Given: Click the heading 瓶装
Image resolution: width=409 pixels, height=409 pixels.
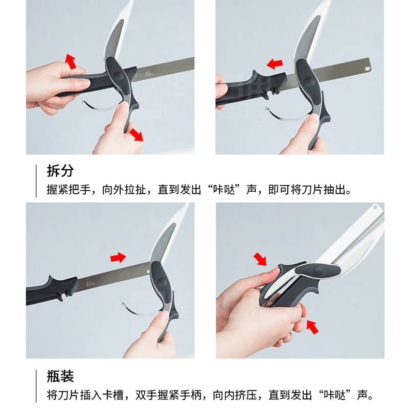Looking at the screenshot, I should [60, 377].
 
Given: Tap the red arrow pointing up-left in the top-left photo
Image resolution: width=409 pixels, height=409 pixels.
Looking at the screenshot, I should [71, 62].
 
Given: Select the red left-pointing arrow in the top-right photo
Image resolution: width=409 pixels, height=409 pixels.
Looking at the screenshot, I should [275, 64].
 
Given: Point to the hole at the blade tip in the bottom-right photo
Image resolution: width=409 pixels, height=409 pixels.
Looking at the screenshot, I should [376, 208].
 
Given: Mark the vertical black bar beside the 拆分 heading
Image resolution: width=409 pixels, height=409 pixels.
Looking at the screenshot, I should [37, 181].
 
